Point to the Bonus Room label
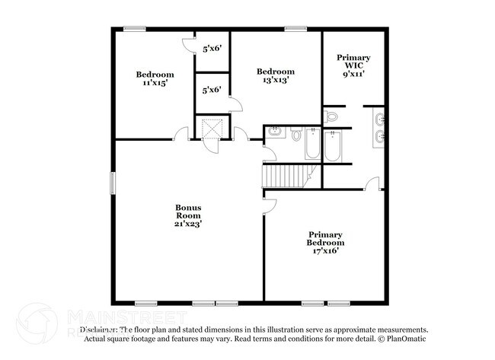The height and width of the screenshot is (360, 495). click(x=188, y=211)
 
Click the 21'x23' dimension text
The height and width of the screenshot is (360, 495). click(x=188, y=224)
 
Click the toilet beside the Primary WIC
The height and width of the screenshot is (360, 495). click(x=331, y=116)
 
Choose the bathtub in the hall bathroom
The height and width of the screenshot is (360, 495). click(x=312, y=144)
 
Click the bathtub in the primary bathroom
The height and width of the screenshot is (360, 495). click(x=333, y=145)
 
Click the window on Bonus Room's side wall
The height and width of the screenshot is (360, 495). click(x=113, y=183)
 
